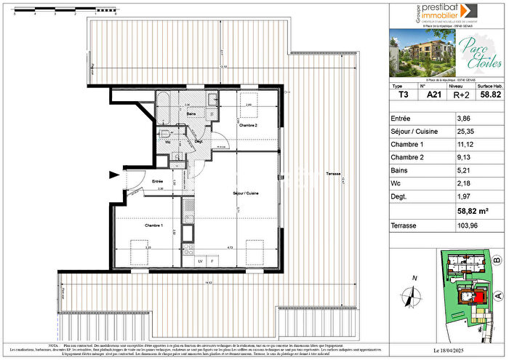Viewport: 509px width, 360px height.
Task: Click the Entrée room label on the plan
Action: point(157,180)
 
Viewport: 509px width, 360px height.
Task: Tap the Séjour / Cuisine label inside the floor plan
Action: point(246,193)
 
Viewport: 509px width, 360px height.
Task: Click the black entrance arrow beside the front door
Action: point(113,175)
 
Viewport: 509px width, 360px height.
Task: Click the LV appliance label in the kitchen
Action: point(200,260)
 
